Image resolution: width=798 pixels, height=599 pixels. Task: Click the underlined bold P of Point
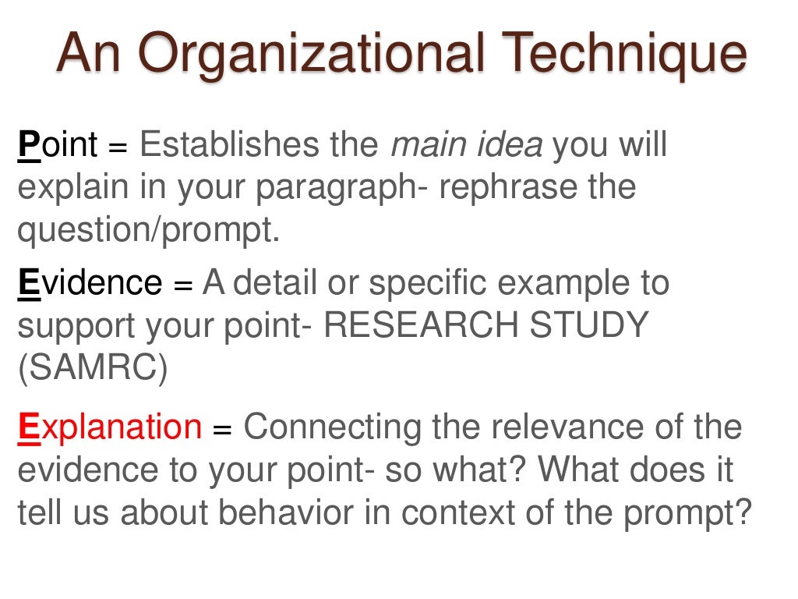click(28, 145)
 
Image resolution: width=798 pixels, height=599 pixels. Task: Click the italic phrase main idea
click(465, 145)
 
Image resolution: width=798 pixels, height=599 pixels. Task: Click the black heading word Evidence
click(90, 282)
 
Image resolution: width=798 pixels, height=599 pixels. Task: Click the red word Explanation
click(109, 428)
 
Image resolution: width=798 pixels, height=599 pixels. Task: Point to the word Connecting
click(329, 428)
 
